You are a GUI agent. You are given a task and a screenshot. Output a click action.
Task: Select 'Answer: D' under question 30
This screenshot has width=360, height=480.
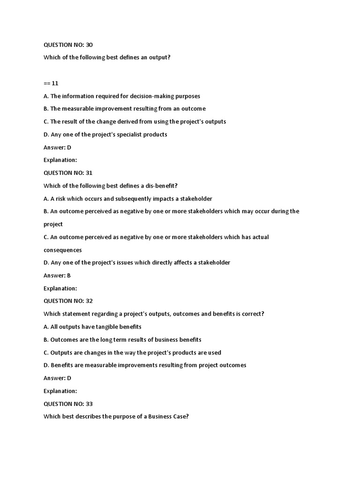(57, 147)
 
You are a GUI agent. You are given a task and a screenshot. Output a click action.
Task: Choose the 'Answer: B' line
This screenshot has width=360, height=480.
(57, 275)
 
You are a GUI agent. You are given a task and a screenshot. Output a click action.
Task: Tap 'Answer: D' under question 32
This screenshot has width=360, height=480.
(57, 378)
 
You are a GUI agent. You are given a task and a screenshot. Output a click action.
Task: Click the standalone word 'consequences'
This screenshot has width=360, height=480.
(63, 250)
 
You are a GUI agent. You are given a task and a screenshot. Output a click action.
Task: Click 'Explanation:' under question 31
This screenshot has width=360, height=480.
(60, 288)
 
